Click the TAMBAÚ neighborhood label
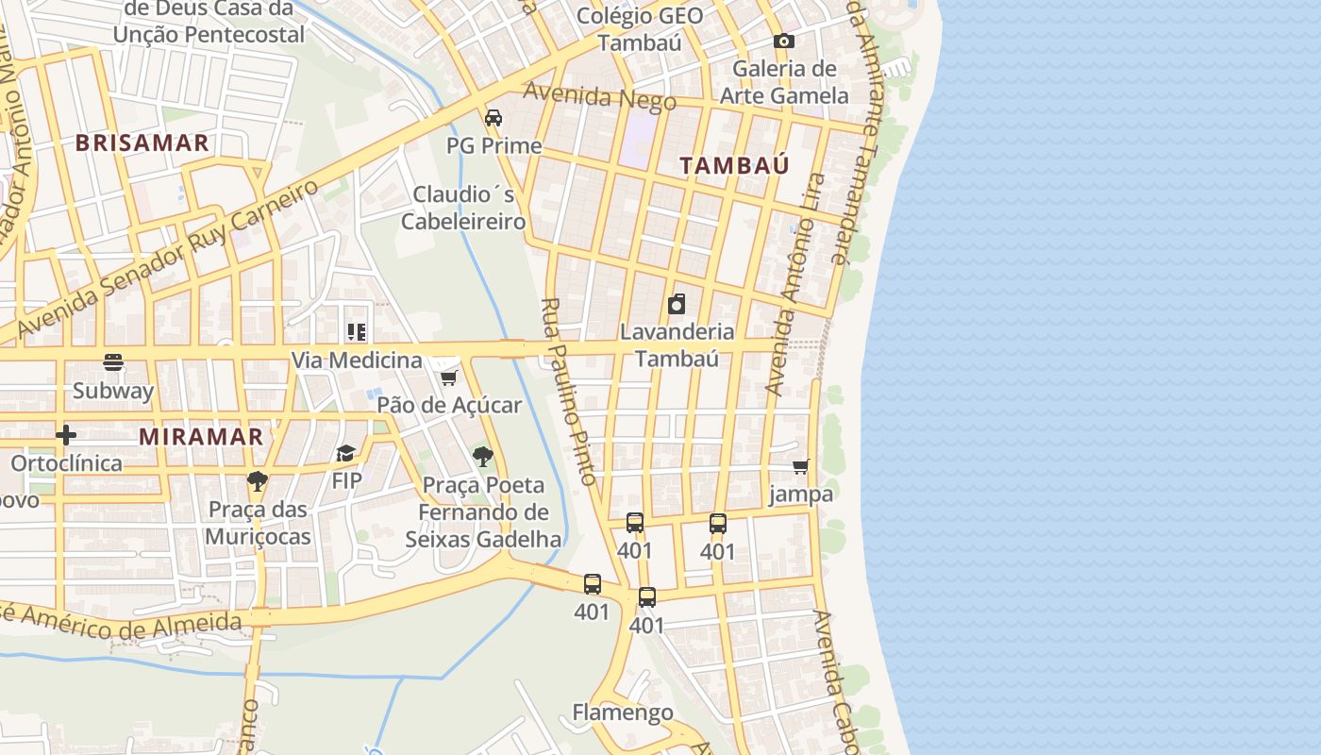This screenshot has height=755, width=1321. (734, 165)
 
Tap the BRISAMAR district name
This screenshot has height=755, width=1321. (142, 143)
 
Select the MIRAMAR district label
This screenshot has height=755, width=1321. (201, 437)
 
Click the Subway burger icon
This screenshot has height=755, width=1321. (113, 362)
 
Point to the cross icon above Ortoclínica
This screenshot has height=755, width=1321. (65, 435)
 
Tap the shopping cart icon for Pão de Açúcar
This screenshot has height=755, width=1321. (448, 377)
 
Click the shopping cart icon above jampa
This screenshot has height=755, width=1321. (801, 466)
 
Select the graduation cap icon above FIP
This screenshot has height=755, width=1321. (346, 454)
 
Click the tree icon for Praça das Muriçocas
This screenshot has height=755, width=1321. (257, 481)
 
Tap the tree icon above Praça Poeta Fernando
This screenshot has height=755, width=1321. (483, 458)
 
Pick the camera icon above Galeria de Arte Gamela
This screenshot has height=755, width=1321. (783, 42)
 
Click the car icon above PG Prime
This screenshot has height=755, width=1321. (493, 118)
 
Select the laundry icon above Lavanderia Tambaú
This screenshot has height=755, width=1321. (677, 304)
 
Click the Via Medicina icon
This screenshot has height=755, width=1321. (357, 332)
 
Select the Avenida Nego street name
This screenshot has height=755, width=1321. (599, 96)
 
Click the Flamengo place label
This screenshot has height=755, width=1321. (623, 713)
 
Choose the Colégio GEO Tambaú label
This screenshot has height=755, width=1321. (639, 29)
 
